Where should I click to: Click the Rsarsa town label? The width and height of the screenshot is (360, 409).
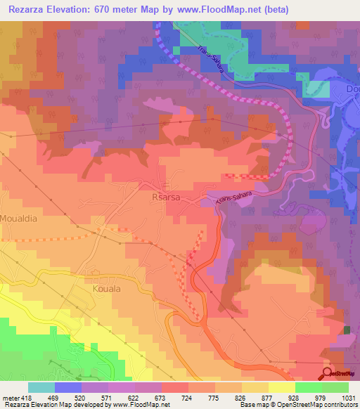[x=166, y=198]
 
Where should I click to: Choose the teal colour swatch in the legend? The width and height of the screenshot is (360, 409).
[x=41, y=387]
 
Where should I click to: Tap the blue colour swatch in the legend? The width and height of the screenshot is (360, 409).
[x=68, y=387]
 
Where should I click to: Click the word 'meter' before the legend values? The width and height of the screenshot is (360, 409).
[x=9, y=397]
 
